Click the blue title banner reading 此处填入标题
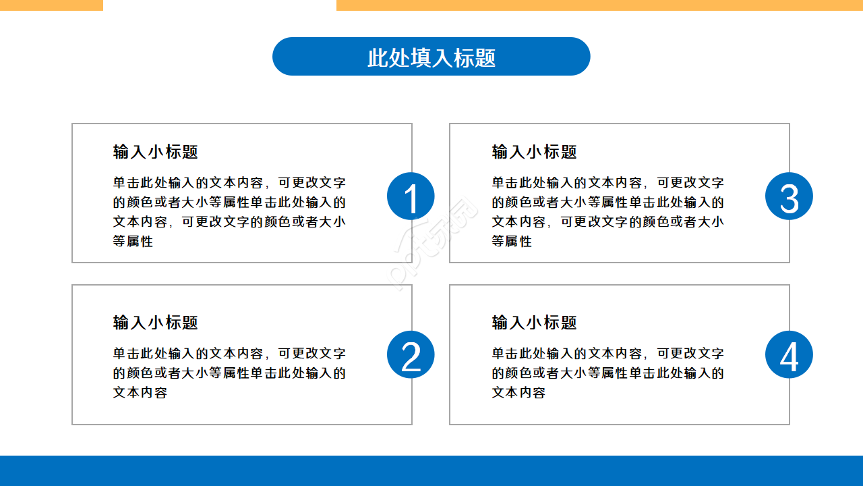coord(431,57)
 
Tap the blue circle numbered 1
coord(411,196)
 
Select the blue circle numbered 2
coord(411,355)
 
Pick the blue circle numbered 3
coord(789,196)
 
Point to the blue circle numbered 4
coord(789,355)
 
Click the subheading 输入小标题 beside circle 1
coord(155,152)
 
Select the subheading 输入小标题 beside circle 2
coord(155,323)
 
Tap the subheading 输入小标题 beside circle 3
coord(534,152)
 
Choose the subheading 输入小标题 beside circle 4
coord(534,323)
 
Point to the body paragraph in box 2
coord(229,373)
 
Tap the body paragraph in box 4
coord(607,373)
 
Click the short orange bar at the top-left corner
coord(51,5)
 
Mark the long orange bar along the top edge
coord(599,5)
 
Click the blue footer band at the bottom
coord(431,470)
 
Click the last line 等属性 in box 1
coord(133,241)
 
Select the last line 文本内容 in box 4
coord(518,392)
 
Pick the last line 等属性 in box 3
coord(512,241)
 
